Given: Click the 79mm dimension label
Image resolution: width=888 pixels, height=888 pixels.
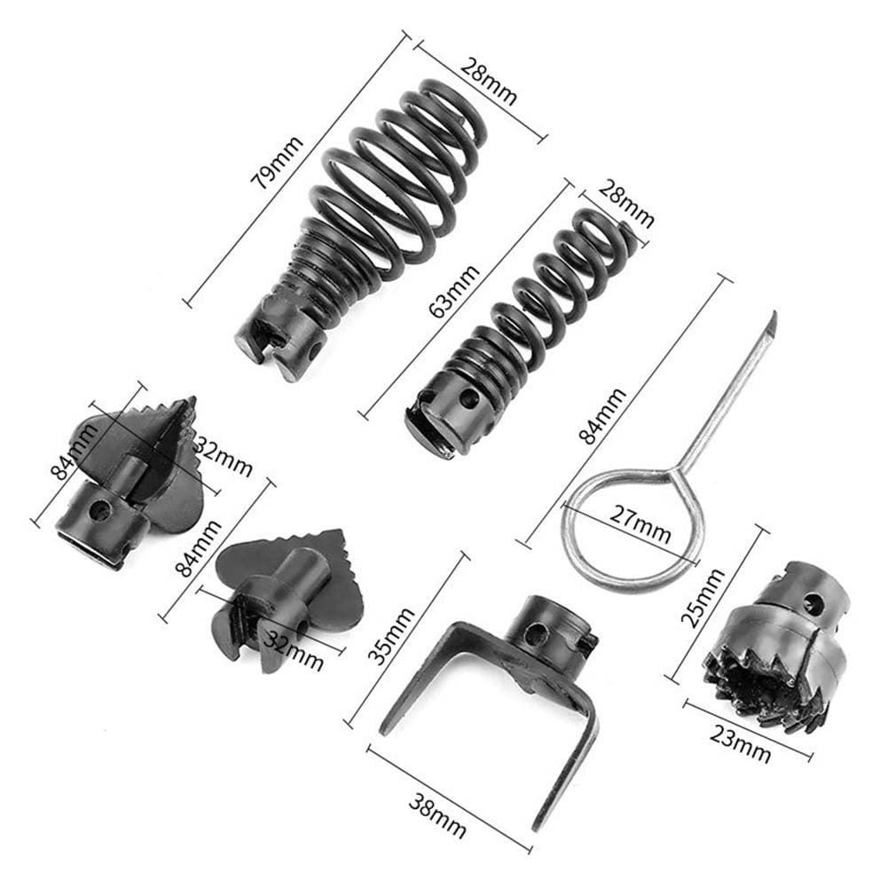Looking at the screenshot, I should (278, 163).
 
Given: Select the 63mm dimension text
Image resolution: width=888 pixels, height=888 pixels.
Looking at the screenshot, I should (464, 293).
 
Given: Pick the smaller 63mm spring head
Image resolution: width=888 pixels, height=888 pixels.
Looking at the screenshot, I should (515, 328).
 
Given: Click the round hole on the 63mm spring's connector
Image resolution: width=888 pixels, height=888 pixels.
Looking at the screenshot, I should (469, 399).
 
